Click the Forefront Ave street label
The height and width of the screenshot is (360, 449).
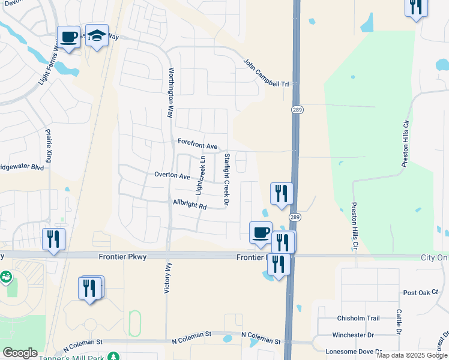pos(197,146)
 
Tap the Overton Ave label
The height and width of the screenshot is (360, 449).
pos(172,176)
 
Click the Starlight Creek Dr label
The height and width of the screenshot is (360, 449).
pos(227,179)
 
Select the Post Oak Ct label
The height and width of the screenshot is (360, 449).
pos(421,293)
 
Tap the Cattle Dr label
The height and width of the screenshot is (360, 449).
pos(398,322)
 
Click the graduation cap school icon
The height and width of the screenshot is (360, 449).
pos(96,35)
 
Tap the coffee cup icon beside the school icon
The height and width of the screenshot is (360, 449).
pos(68,37)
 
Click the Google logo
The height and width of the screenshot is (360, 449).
pos(20,353)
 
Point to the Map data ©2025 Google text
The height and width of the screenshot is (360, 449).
pos(411,355)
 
